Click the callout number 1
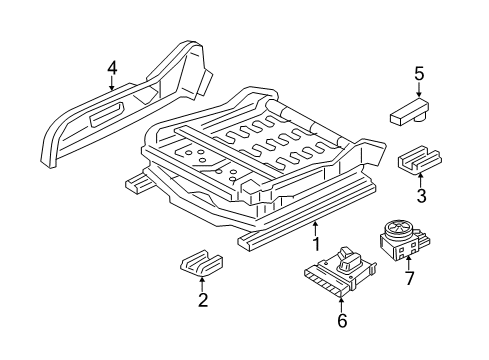(316, 242)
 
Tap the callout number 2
(202, 299)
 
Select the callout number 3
(422, 195)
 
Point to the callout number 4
(112, 67)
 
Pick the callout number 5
(420, 73)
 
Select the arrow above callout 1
(316, 227)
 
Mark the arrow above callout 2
(202, 284)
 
